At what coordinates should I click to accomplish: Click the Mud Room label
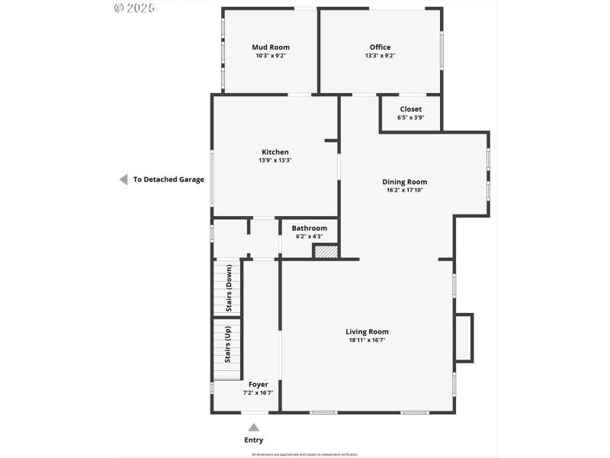(271, 47)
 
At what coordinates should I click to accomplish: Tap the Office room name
(380, 47)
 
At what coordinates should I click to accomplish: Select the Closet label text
(410, 109)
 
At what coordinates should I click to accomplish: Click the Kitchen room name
(275, 152)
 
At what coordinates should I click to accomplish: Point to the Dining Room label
(404, 182)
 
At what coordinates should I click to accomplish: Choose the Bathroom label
(309, 228)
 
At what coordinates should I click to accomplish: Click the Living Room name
(367, 331)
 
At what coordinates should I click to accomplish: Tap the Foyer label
(258, 384)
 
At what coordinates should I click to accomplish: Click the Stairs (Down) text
(228, 287)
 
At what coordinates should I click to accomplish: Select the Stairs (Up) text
(227, 344)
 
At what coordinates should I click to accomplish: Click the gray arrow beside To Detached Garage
(122, 179)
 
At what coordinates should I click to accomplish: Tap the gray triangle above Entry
(254, 427)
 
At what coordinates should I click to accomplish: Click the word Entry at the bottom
(254, 440)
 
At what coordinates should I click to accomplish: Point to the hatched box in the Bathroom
(326, 251)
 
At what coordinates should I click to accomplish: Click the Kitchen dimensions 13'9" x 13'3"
(275, 160)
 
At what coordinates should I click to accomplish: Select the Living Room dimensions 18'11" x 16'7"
(367, 340)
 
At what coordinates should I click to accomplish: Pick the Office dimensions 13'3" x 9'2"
(380, 56)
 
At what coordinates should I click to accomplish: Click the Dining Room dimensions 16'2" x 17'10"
(404, 190)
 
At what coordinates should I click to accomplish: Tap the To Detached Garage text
(169, 180)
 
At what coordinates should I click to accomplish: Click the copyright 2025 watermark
(134, 8)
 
